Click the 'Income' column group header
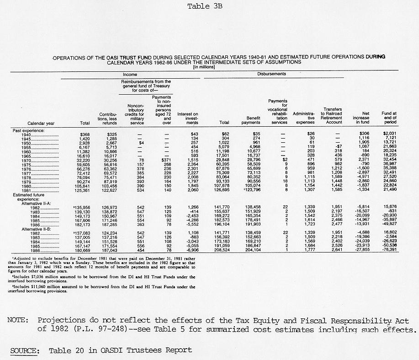(x=130, y=74)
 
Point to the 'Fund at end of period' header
(x=389, y=118)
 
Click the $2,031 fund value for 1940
(x=389, y=134)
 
